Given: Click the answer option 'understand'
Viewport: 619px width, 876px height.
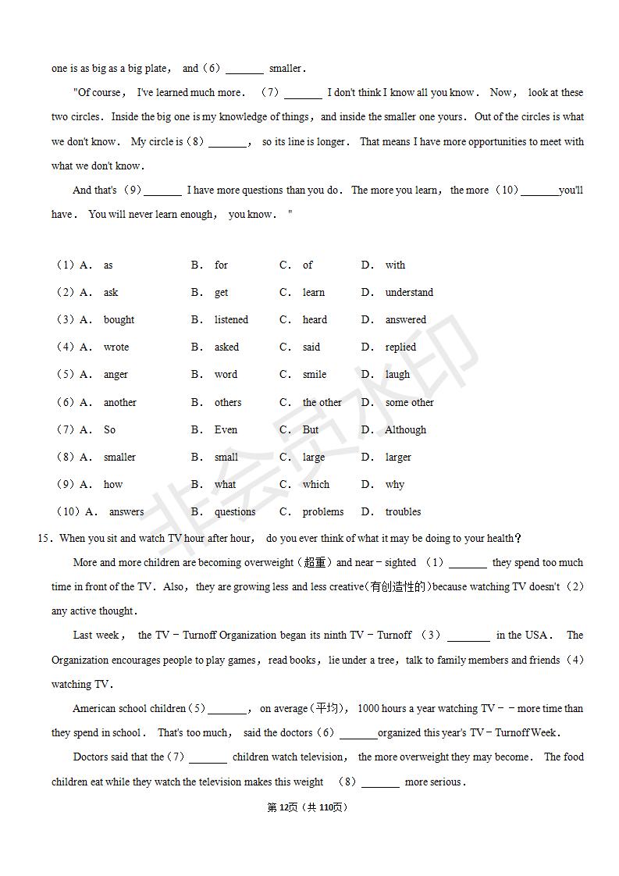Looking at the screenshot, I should (408, 293).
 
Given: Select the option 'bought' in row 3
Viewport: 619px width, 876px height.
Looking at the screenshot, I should (119, 320).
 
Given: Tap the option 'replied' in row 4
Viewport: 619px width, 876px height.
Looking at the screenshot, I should (400, 347).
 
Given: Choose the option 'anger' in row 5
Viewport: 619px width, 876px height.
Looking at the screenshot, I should (116, 375).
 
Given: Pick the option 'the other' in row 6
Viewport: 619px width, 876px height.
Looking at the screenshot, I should (322, 403).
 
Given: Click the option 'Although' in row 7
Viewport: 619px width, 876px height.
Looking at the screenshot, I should (405, 430).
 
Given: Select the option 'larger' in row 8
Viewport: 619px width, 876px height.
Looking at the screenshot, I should (397, 458).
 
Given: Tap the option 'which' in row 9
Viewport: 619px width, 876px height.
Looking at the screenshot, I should (316, 485).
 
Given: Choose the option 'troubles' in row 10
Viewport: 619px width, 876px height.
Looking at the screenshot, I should (403, 512).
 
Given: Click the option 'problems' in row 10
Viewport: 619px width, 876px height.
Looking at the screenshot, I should (323, 512).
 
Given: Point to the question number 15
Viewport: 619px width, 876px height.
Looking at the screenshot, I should (44, 538).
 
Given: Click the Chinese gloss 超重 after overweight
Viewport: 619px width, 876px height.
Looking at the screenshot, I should (315, 563).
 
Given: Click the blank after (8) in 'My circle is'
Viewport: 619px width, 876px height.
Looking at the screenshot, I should (227, 143).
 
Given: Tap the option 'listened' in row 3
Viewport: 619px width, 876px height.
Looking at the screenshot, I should (231, 320).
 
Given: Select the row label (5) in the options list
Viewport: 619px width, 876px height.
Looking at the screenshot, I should (65, 375).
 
